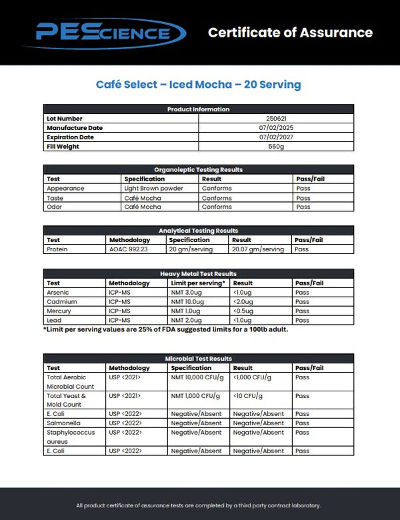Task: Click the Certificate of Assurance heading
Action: (290, 32)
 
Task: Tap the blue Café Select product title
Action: (199, 85)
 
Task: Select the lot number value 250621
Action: (276, 119)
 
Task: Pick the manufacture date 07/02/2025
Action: (276, 128)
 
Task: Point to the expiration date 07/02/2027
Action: (276, 137)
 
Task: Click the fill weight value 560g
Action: (276, 147)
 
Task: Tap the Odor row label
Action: (55, 207)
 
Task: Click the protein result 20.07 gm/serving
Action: (257, 249)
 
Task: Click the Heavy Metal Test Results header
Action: (199, 274)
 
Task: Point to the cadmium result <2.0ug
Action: (243, 302)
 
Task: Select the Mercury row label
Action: (58, 311)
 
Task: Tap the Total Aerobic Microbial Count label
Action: (71, 381)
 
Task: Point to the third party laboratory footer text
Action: (199, 505)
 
